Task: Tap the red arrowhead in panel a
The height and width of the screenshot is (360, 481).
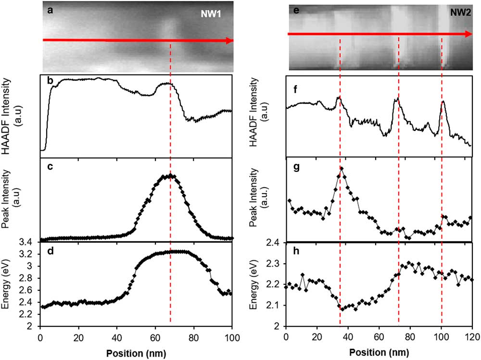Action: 229,40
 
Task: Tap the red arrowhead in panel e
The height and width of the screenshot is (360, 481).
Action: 468,34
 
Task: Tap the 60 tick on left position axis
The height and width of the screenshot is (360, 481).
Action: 155,335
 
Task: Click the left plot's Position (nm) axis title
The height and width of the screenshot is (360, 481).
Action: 136,349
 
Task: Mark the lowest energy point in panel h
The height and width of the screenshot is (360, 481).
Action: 342,308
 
